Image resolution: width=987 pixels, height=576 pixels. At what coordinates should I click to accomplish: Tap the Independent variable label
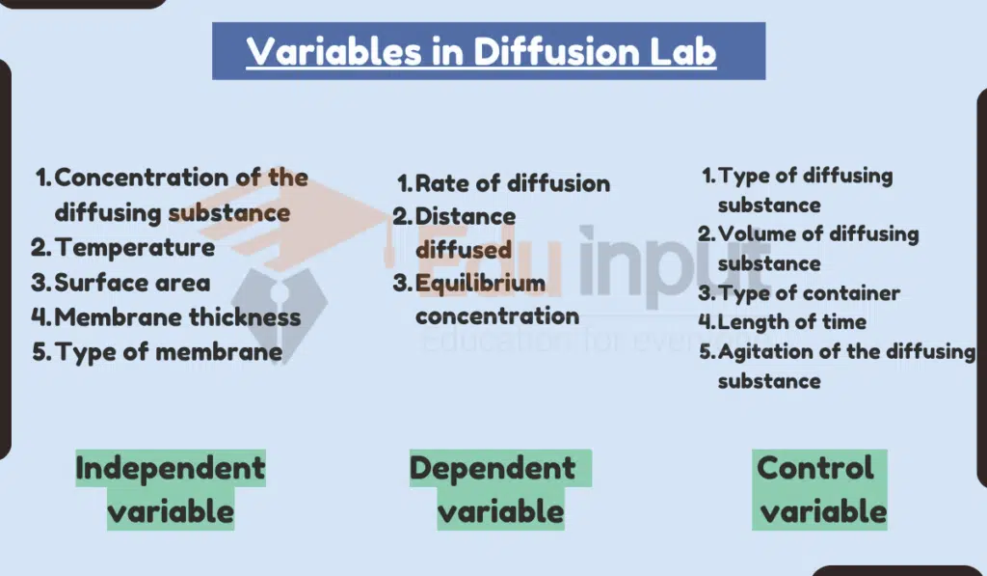coord(171,489)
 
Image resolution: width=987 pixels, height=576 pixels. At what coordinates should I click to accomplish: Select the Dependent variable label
coord(493,489)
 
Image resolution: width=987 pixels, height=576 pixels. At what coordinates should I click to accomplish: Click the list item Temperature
coord(135,247)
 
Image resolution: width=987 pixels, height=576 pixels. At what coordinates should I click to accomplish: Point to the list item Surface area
coord(132,283)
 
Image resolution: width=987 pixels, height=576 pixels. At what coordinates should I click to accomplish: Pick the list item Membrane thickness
coord(177,316)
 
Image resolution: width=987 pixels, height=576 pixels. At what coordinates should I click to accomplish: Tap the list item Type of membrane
coord(169,351)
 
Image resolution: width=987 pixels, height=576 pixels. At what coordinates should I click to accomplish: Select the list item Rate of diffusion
coord(512,183)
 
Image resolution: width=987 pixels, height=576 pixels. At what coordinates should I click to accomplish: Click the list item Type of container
coord(809,293)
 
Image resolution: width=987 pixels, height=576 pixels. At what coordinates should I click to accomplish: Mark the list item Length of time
coord(791,322)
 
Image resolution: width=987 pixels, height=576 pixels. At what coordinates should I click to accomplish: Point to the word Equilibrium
coord(480,284)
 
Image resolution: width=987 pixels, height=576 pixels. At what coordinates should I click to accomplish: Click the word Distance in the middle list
coord(466,216)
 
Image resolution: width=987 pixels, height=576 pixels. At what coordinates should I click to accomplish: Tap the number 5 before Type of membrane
coord(40,351)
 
